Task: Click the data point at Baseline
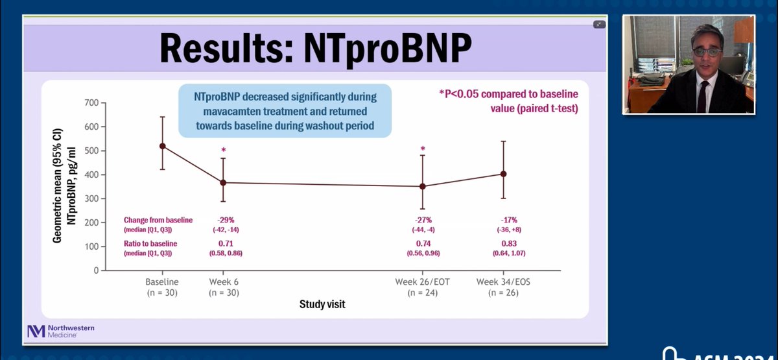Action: pyautogui.click(x=162, y=146)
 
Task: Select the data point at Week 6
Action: pyautogui.click(x=223, y=183)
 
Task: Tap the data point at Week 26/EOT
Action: pyautogui.click(x=423, y=186)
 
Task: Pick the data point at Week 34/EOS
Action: pyautogui.click(x=504, y=174)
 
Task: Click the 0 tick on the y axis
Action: pyautogui.click(x=94, y=270)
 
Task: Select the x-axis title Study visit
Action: pyautogui.click(x=322, y=304)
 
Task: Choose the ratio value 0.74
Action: pyautogui.click(x=423, y=243)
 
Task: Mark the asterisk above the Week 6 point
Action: pyautogui.click(x=223, y=150)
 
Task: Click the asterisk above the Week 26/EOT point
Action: pyautogui.click(x=423, y=149)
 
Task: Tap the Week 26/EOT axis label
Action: pyautogui.click(x=423, y=282)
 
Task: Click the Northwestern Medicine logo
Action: pyautogui.click(x=60, y=331)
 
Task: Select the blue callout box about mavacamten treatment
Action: pyautogui.click(x=285, y=110)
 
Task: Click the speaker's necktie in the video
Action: pyautogui.click(x=701, y=95)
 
